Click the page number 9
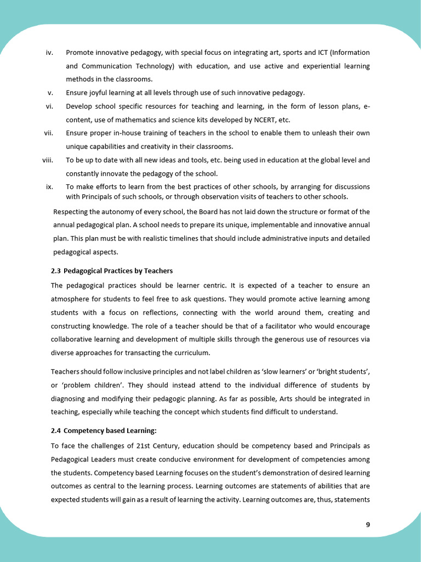point(368,525)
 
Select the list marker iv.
point(49,53)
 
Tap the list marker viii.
point(48,160)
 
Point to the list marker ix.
point(49,187)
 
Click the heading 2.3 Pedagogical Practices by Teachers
point(112,271)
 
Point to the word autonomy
point(116,212)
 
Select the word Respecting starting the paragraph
point(72,212)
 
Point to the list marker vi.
point(49,106)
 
